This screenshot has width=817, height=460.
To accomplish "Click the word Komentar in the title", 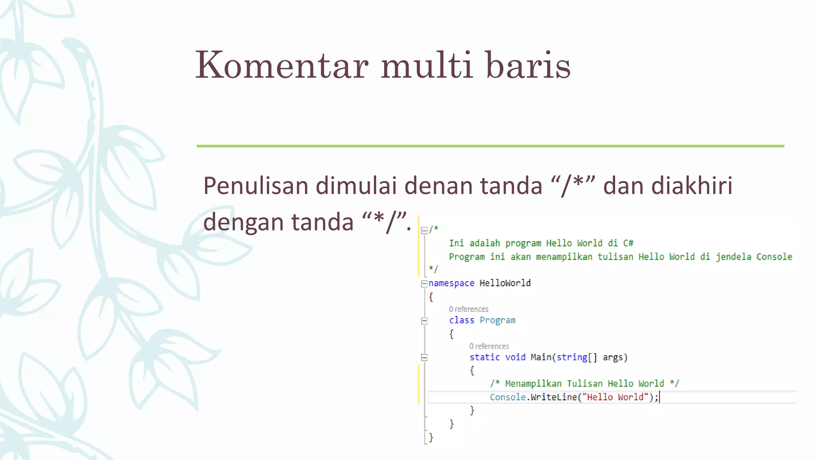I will [282, 65].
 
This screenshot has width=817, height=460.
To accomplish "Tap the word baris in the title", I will [528, 65].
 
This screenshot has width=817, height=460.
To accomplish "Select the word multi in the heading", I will [426, 65].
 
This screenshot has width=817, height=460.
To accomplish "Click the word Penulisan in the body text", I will [256, 186].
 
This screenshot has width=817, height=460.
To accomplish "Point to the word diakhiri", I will [692, 186].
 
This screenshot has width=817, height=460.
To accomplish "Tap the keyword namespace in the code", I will [451, 283].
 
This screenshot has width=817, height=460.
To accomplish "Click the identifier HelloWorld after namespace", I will [505, 283].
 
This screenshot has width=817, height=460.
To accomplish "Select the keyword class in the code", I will [462, 320].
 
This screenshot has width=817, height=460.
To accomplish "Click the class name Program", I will [497, 320].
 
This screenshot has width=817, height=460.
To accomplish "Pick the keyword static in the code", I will [484, 357].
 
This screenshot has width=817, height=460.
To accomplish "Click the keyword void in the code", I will [515, 357].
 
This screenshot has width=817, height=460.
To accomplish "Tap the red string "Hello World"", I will [615, 397].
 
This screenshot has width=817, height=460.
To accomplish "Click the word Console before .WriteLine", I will [507, 397].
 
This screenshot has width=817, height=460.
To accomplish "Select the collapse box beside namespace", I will [424, 284].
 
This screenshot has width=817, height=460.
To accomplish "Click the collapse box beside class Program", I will [424, 321].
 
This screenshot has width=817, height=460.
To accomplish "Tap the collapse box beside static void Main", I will [424, 357].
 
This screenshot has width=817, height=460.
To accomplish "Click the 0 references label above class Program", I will [468, 309].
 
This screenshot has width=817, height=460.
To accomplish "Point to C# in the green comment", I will [628, 243].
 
